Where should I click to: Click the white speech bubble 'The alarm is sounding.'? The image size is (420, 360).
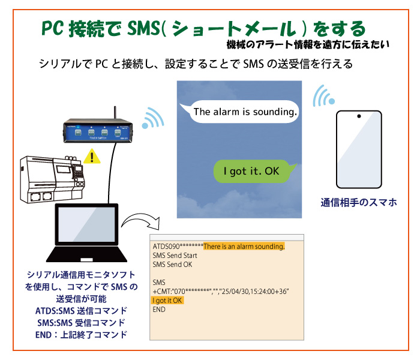[x=245, y=112]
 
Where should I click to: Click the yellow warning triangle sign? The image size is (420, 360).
[x=92, y=157]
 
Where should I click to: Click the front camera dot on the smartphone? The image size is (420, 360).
[x=359, y=116]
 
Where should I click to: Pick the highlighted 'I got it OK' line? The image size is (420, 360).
[x=168, y=300]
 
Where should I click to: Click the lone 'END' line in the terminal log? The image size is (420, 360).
[x=159, y=310]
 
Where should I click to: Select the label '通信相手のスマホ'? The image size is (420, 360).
[x=359, y=203]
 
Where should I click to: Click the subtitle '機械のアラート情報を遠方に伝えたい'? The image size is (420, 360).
[x=308, y=44]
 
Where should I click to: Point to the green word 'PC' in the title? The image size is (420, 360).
[x=56, y=28]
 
